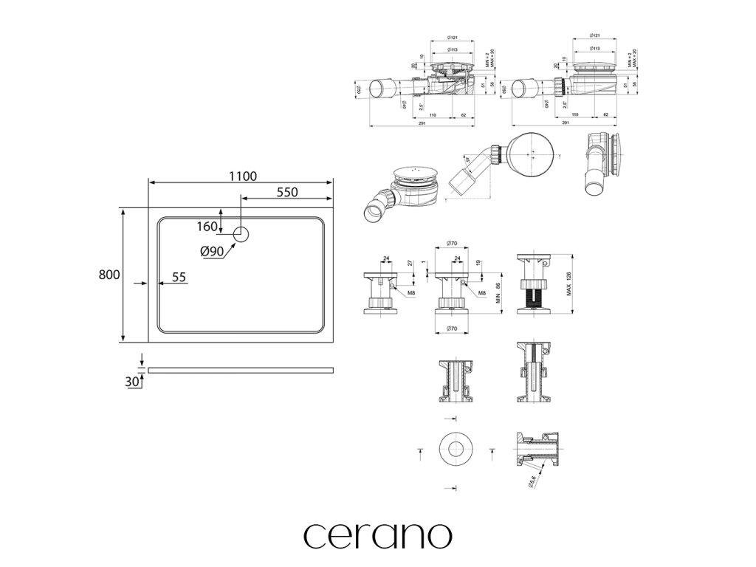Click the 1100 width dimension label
pyautogui.click(x=241, y=176)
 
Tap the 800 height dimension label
pyautogui.click(x=109, y=275)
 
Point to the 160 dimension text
pyautogui.click(x=208, y=226)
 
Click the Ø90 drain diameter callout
pyautogui.click(x=212, y=250)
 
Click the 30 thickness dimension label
pyautogui.click(x=133, y=381)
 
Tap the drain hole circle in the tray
pyautogui.click(x=242, y=234)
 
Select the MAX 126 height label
pyautogui.click(x=569, y=283)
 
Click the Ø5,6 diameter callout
pyautogui.click(x=533, y=481)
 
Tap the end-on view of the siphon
pyautogui.click(x=604, y=164)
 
